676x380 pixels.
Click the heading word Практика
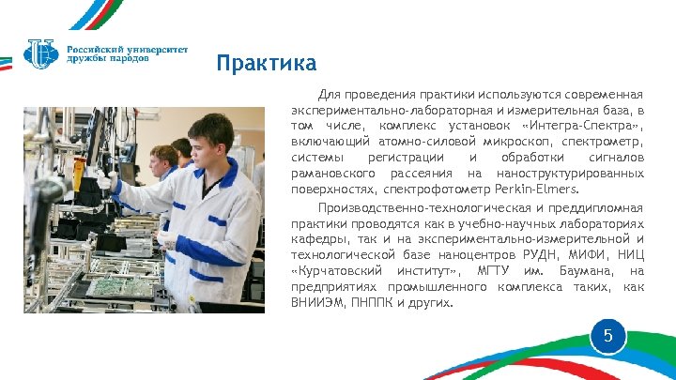click(266, 64)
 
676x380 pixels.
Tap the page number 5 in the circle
click(607, 335)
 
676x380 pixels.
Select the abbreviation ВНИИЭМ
click(317, 302)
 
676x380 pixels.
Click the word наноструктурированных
click(571, 173)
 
